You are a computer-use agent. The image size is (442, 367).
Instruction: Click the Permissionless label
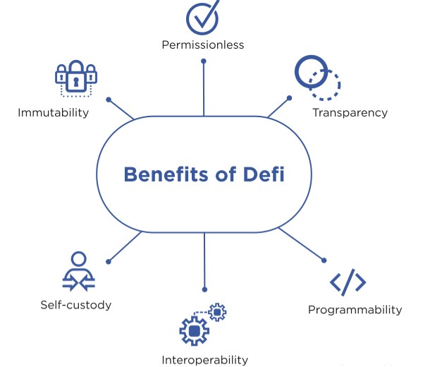point(202,45)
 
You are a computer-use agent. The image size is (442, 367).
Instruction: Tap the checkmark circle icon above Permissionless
point(202,17)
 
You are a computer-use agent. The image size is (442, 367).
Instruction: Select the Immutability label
point(54,112)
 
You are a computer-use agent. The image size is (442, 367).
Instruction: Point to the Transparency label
point(350,112)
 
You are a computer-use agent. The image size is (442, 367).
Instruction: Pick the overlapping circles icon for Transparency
point(317,77)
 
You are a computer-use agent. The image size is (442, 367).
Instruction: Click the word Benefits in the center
point(164,174)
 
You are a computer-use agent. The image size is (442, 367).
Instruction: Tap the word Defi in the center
point(262,174)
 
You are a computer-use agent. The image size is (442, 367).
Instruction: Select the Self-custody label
point(75,305)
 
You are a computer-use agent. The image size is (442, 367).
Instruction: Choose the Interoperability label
point(204,360)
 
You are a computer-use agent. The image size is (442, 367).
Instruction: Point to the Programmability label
point(355,309)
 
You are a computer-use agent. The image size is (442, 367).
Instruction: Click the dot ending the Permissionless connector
point(204,61)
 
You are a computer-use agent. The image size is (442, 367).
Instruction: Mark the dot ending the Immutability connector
point(108,99)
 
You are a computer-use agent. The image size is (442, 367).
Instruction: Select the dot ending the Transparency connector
point(289,98)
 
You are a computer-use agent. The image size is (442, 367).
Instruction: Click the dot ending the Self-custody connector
point(108,261)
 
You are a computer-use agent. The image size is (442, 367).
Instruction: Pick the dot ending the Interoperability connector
point(204,289)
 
